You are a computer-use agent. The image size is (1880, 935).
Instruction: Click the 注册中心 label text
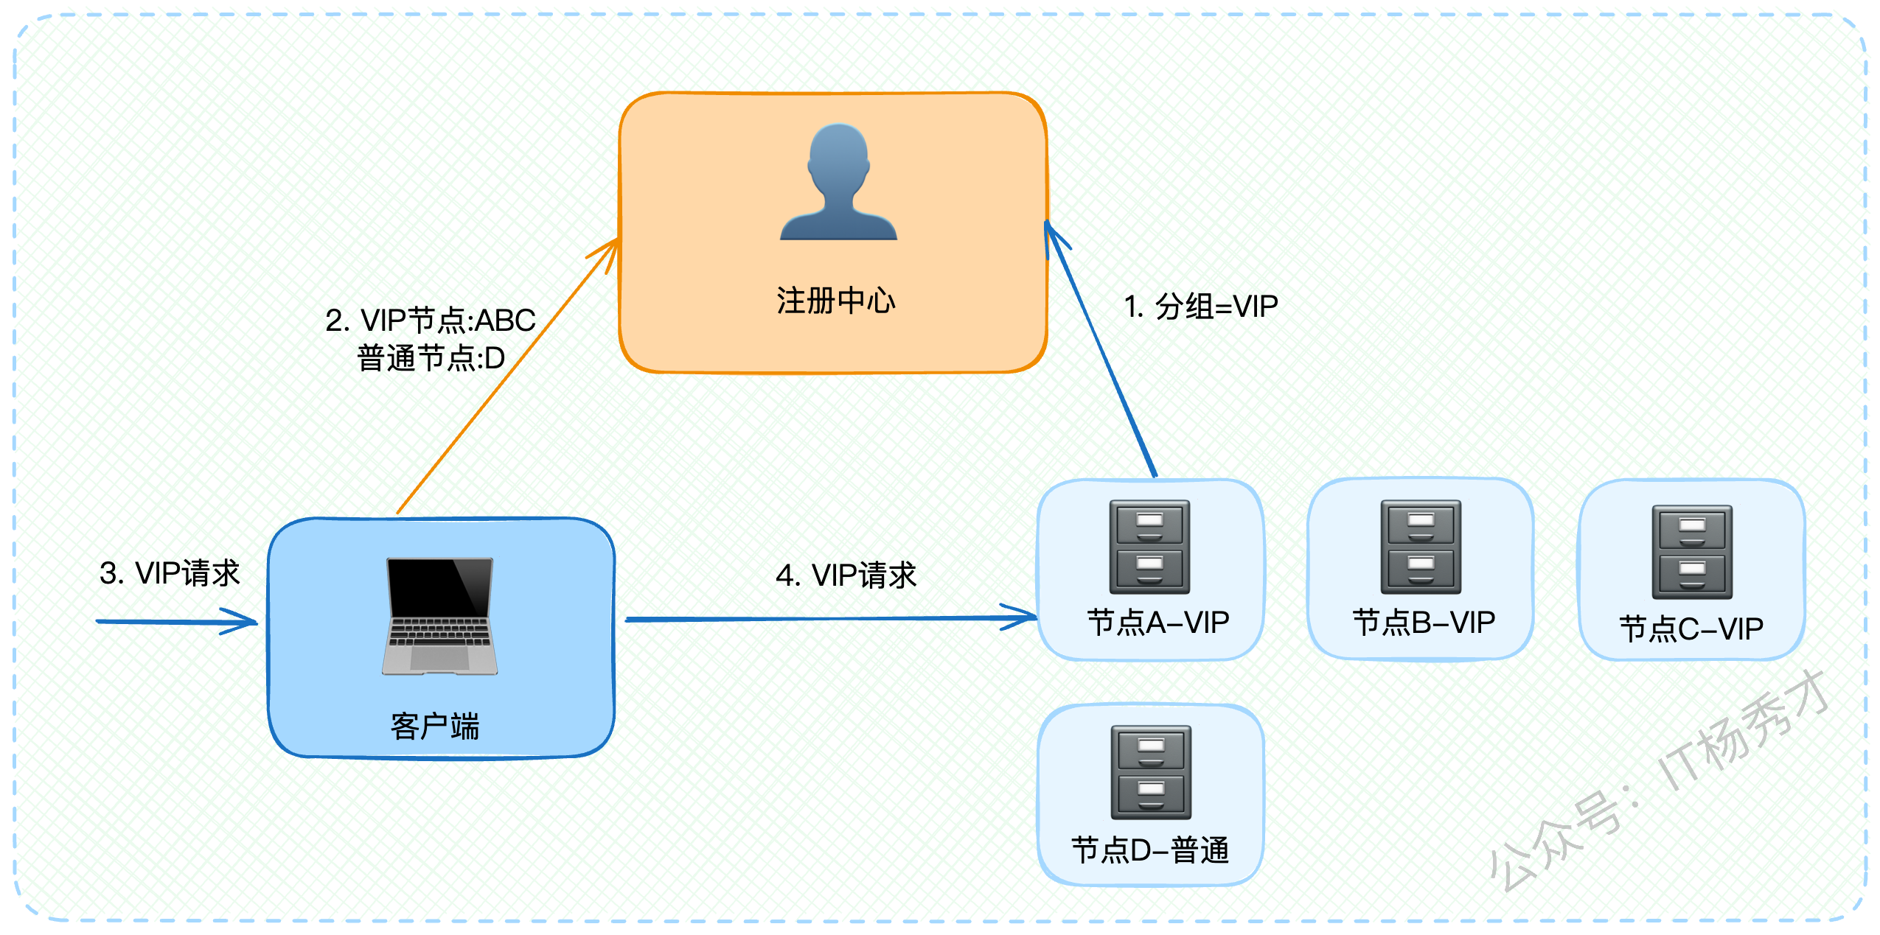click(x=835, y=301)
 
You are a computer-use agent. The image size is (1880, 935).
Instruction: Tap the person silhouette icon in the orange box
click(x=838, y=181)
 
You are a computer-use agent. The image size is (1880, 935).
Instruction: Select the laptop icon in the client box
click(x=439, y=616)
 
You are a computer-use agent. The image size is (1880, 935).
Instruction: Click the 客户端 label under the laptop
click(x=435, y=726)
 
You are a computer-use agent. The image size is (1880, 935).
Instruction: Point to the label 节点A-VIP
click(x=1157, y=623)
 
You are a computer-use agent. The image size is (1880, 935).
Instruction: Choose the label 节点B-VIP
click(x=1424, y=623)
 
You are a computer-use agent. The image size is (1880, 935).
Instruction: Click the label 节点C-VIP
click(x=1691, y=628)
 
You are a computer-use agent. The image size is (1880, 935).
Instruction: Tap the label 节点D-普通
click(x=1150, y=850)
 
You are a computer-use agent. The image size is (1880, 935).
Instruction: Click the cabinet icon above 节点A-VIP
click(x=1149, y=547)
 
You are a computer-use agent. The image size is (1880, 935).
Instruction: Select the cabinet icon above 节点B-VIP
click(x=1421, y=547)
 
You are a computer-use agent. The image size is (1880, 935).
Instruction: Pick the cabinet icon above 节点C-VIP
click(x=1692, y=552)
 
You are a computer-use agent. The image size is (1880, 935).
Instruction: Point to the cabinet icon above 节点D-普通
click(x=1151, y=772)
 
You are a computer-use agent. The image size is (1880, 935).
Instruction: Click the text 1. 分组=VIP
click(x=1201, y=306)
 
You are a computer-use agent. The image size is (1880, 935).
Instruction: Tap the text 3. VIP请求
click(x=170, y=572)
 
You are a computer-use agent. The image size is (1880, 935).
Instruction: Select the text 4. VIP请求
click(x=846, y=575)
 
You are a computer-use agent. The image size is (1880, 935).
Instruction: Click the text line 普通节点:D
click(x=431, y=358)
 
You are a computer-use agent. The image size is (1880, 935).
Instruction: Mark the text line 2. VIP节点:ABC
click(x=431, y=320)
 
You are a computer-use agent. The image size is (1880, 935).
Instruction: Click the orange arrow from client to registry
click(x=508, y=376)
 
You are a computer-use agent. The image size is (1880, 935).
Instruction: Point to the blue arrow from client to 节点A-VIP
click(x=832, y=618)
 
